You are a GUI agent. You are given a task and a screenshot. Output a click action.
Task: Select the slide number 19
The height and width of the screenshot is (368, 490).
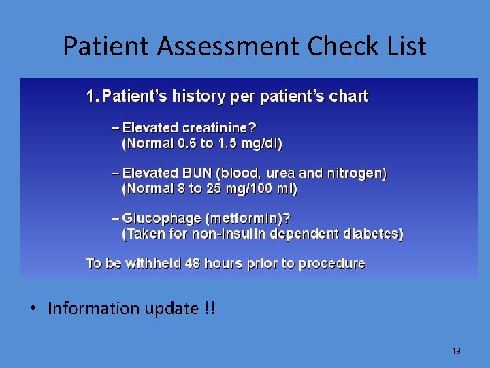[x=456, y=351]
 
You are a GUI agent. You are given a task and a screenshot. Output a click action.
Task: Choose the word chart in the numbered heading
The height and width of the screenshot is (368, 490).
[x=347, y=96]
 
